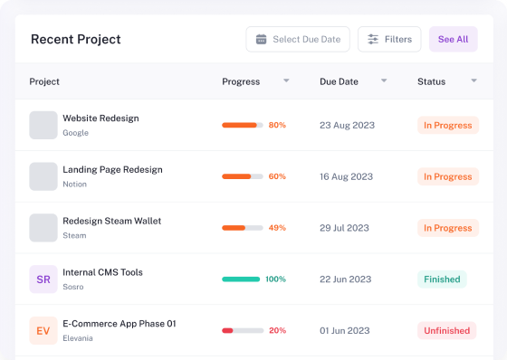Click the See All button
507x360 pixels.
click(x=453, y=39)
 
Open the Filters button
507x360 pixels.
click(x=389, y=39)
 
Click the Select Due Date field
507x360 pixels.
click(x=298, y=39)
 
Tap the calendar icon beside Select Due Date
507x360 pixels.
click(x=262, y=39)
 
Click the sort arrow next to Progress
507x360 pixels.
click(x=286, y=81)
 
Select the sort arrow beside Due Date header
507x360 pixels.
click(x=384, y=81)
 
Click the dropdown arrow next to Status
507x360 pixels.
click(x=474, y=81)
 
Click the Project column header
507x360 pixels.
click(x=44, y=81)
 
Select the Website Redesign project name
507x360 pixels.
click(x=100, y=118)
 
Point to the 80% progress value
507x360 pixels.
click(x=277, y=125)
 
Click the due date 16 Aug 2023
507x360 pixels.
click(x=346, y=176)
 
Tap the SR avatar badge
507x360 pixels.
click(x=43, y=279)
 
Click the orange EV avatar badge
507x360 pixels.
click(x=43, y=330)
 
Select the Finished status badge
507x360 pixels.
click(x=442, y=279)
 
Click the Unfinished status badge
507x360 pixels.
click(x=447, y=330)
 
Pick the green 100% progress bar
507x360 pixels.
click(x=241, y=279)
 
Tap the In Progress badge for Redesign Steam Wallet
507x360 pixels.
click(x=448, y=228)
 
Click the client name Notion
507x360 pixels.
click(x=74, y=185)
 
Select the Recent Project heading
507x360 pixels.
click(x=76, y=40)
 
